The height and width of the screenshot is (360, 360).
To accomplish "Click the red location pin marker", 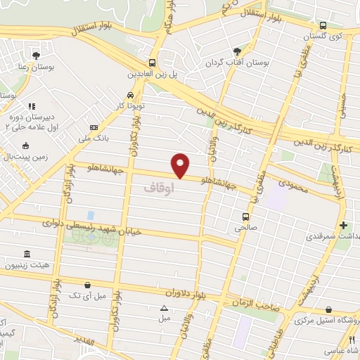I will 181,165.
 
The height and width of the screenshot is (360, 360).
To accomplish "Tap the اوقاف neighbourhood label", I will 157,188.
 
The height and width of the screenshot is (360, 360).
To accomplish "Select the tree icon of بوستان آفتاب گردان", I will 237,51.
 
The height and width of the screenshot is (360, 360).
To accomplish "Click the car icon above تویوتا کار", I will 131,95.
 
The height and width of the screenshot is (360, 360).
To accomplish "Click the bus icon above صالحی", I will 245,217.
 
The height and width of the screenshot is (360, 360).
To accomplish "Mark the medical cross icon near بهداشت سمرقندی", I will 343,226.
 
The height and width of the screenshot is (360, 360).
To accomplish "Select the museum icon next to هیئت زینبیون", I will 27,253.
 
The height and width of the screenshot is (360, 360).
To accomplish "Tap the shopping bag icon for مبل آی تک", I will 86,285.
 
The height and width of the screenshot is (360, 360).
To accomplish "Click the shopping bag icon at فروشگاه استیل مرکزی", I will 329,308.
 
